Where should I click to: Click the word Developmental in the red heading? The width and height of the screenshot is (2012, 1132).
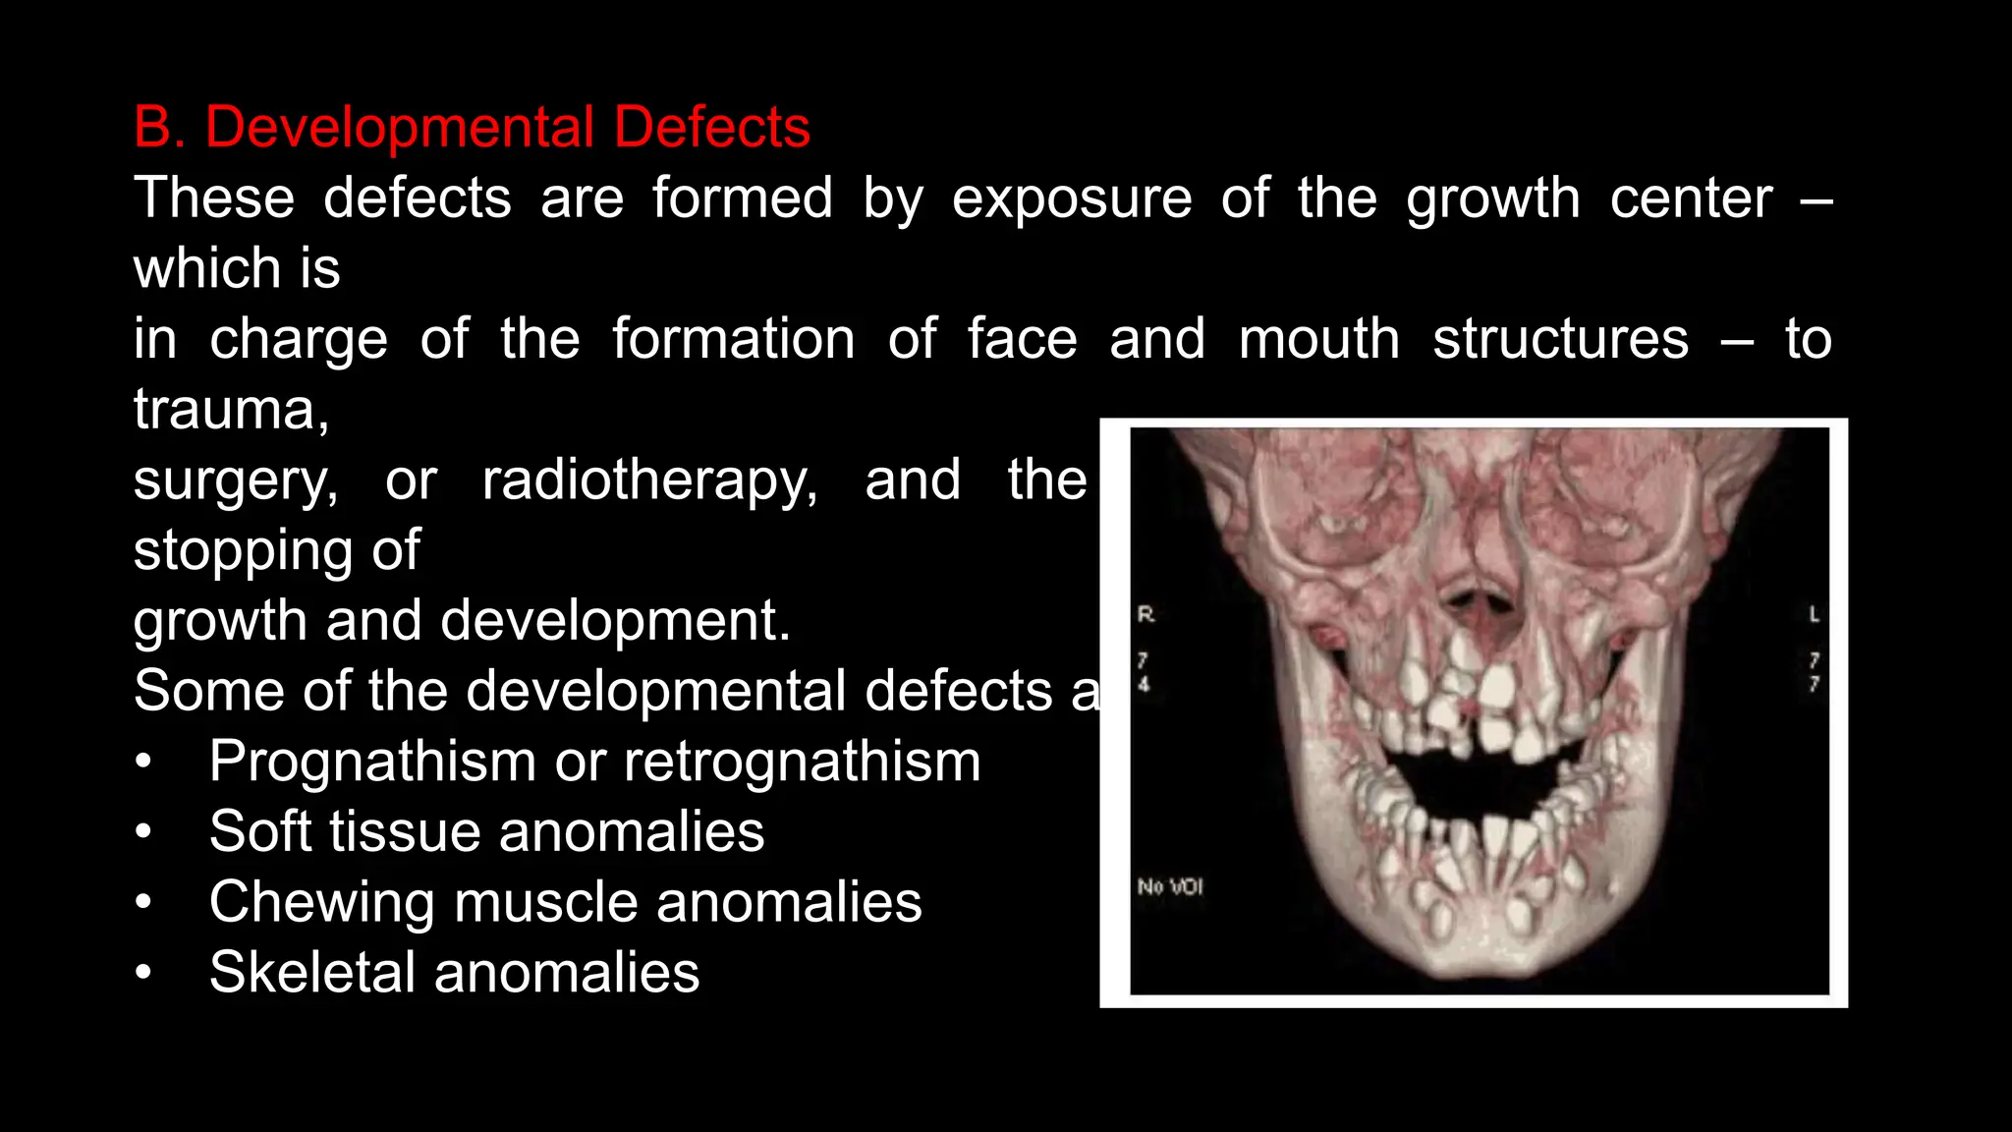[399, 128]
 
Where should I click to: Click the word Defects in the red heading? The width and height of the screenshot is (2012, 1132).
[712, 128]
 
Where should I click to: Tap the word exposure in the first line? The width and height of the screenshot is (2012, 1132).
[1072, 199]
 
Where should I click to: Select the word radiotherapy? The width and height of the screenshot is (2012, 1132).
[649, 481]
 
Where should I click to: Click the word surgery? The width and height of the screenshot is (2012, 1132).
[236, 481]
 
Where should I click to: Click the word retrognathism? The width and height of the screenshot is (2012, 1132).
[802, 762]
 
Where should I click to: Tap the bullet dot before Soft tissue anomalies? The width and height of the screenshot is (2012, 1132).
[144, 832]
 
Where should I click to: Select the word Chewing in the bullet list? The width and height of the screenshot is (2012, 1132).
[321, 903]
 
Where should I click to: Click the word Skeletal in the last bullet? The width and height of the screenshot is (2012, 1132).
[312, 973]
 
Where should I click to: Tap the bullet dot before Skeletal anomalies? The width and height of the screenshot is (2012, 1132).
[144, 973]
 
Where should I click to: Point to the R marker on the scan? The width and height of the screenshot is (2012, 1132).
[1146, 614]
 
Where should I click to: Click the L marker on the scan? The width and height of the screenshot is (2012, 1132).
[1814, 614]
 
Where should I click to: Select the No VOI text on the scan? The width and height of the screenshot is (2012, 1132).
[1169, 886]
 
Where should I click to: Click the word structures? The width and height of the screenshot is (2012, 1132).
[1560, 340]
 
